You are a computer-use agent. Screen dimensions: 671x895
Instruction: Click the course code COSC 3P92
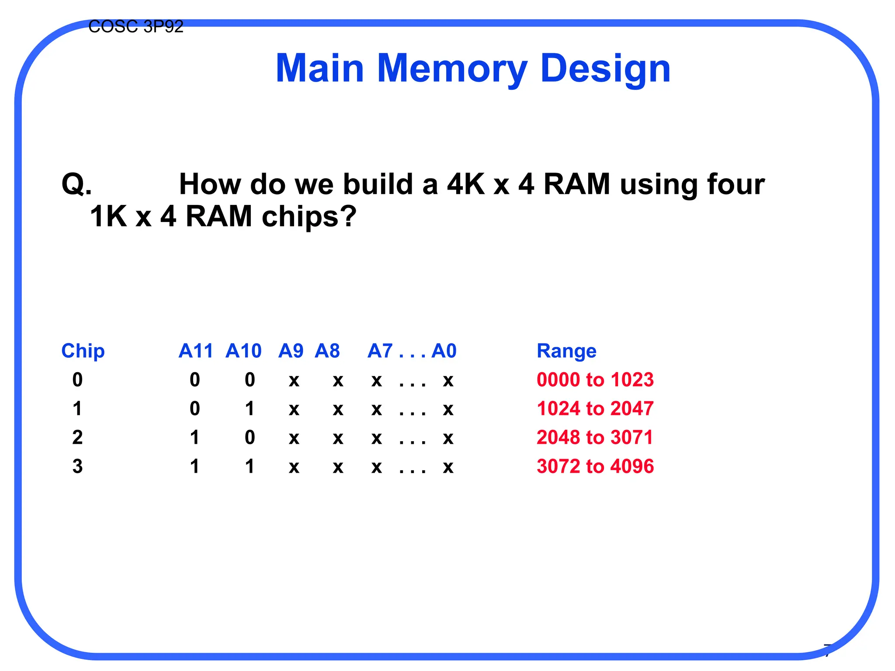(135, 27)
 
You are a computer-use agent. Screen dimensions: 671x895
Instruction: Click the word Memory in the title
(452, 69)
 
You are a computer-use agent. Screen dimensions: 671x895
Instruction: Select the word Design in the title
(605, 69)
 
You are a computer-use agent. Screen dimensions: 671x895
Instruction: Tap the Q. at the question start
(77, 184)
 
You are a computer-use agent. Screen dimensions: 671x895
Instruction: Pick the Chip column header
(83, 351)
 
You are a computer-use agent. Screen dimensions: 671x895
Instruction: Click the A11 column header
(195, 351)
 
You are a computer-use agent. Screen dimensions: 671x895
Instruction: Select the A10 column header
(243, 351)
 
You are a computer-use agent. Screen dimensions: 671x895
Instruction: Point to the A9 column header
(291, 351)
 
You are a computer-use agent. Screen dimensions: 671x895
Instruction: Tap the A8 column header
(327, 351)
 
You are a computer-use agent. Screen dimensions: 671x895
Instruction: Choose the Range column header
(566, 351)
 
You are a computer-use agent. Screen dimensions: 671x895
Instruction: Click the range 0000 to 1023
(595, 380)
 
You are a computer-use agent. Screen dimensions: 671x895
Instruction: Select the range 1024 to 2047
(595, 408)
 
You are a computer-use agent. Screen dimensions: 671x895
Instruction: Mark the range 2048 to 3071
(595, 437)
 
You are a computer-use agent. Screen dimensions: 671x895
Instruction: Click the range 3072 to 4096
(595, 466)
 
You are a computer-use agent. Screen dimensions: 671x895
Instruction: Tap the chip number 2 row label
(77, 437)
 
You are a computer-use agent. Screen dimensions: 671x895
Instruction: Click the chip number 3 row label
(77, 466)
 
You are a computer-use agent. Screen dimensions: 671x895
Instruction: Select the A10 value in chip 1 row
(250, 408)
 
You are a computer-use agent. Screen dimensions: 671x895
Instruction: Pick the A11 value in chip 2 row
(194, 437)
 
